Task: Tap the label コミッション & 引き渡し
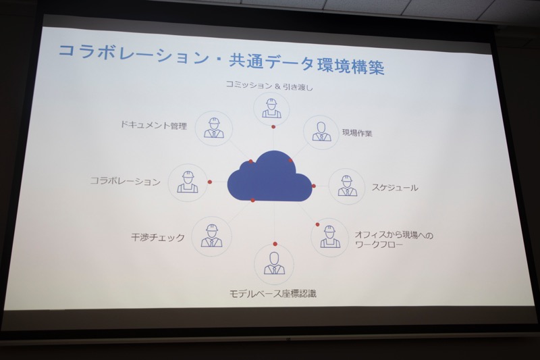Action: (x=269, y=85)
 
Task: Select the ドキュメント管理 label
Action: (x=154, y=125)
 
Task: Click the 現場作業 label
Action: (x=357, y=133)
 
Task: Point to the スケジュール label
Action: (x=395, y=188)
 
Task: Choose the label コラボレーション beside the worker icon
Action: (x=126, y=181)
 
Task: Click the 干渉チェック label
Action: (x=158, y=237)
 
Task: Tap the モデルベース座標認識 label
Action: (x=273, y=294)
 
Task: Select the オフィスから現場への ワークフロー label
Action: (x=394, y=240)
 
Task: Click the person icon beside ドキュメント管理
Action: (x=214, y=128)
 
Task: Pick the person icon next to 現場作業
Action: (x=322, y=132)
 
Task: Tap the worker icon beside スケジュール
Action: (x=346, y=186)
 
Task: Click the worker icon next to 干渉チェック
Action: (x=211, y=236)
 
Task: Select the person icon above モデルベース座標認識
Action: (x=274, y=263)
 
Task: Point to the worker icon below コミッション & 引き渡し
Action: (x=271, y=109)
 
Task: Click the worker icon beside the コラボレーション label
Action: (x=188, y=182)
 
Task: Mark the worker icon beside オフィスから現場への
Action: (x=330, y=237)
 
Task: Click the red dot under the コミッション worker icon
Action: (x=273, y=127)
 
